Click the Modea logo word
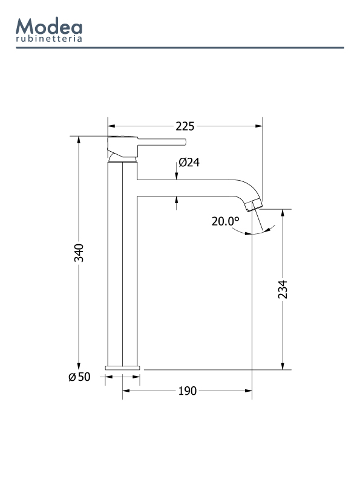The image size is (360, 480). (49, 26)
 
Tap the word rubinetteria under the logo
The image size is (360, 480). (49, 39)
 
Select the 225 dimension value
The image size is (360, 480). (185, 126)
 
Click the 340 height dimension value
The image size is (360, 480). (79, 253)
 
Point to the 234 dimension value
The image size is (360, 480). (283, 290)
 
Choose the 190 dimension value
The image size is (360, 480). (187, 391)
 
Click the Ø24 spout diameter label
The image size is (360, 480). (189, 162)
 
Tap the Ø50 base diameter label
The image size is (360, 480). (79, 377)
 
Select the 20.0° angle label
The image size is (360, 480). (226, 221)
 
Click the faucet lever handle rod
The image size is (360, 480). (162, 141)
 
